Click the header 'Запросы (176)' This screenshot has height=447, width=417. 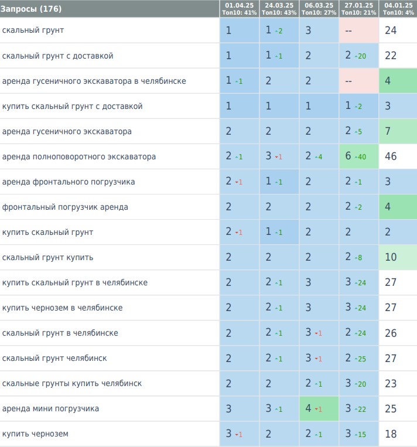(x=32, y=9)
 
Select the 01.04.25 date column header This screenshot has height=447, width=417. (x=239, y=8)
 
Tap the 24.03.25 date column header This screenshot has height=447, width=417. (x=279, y=8)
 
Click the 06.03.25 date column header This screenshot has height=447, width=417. (x=319, y=8)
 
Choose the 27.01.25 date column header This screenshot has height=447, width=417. (x=358, y=8)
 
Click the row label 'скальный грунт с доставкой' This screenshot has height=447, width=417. (x=58, y=56)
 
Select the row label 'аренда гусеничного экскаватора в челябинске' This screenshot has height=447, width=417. (x=94, y=81)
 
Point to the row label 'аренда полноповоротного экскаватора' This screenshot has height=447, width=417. (x=79, y=156)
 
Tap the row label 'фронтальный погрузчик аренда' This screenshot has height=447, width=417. (x=65, y=207)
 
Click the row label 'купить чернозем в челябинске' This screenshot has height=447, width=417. (x=63, y=308)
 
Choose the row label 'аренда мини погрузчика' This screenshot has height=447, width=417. (x=51, y=408)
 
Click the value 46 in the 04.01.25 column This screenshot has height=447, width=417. (x=391, y=156)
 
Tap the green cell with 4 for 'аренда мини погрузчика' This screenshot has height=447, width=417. (x=319, y=408)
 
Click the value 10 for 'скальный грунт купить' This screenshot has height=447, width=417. (x=391, y=257)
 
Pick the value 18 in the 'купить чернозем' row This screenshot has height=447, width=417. (x=391, y=434)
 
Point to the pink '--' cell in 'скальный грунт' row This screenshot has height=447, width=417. (x=358, y=30)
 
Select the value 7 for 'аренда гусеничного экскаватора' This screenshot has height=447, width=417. (x=388, y=131)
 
